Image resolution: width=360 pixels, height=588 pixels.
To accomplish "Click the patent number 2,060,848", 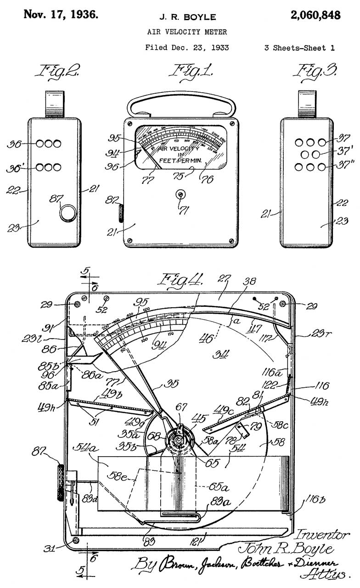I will pyautogui.click(x=315, y=15).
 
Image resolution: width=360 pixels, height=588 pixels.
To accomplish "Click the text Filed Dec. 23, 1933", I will pyautogui.click(x=187, y=47).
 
